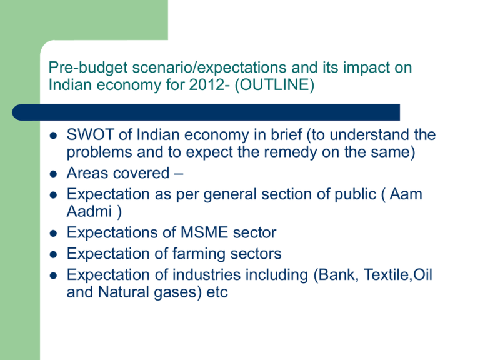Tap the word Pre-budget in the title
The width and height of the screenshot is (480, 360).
88,68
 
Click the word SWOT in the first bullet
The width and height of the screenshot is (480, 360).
90,135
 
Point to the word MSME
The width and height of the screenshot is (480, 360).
204,232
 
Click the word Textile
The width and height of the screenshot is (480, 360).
386,274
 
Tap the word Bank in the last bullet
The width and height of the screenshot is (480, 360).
337,274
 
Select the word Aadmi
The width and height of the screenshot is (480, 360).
89,211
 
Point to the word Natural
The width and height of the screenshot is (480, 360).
124,292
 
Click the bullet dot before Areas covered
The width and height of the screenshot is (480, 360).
53,174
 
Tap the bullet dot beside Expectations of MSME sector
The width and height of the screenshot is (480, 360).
53,234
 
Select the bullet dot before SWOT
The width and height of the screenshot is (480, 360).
53,136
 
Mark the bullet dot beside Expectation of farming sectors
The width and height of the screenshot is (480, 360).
53,255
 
